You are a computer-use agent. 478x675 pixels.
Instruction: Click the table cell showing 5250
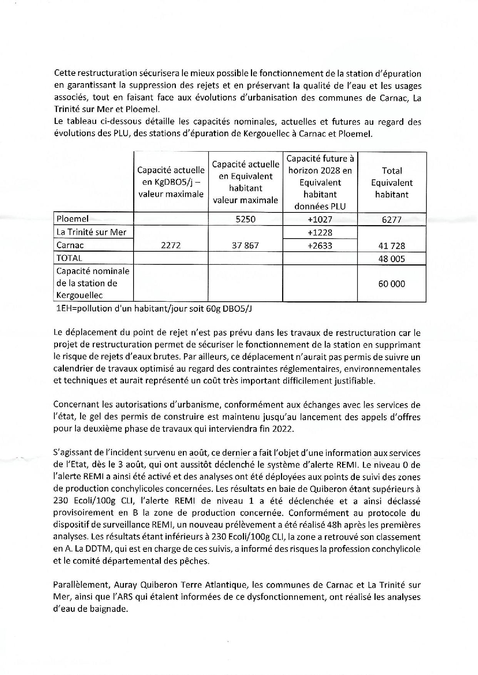pyautogui.click(x=245, y=219)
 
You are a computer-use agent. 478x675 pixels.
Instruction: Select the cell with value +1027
pyautogui.click(x=320, y=219)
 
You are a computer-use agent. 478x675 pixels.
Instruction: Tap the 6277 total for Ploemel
pyautogui.click(x=391, y=219)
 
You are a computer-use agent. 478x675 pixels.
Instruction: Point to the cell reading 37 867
pyautogui.click(x=245, y=245)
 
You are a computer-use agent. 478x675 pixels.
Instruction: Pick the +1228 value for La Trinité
pyautogui.click(x=320, y=232)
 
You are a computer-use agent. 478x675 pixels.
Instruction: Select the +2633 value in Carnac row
pyautogui.click(x=320, y=246)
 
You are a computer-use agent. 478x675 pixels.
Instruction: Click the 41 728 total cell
pyautogui.click(x=391, y=246)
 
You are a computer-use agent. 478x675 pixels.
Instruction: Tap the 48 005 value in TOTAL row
pyautogui.click(x=391, y=259)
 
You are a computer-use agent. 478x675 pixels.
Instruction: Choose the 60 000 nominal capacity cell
pyautogui.click(x=391, y=284)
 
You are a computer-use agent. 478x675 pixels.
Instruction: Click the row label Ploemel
pyautogui.click(x=73, y=219)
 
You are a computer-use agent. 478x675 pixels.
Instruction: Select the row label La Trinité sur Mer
pyautogui.click(x=91, y=232)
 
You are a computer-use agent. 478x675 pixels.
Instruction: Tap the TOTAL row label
pyautogui.click(x=69, y=258)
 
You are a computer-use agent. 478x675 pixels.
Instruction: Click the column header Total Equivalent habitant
pyautogui.click(x=391, y=182)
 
